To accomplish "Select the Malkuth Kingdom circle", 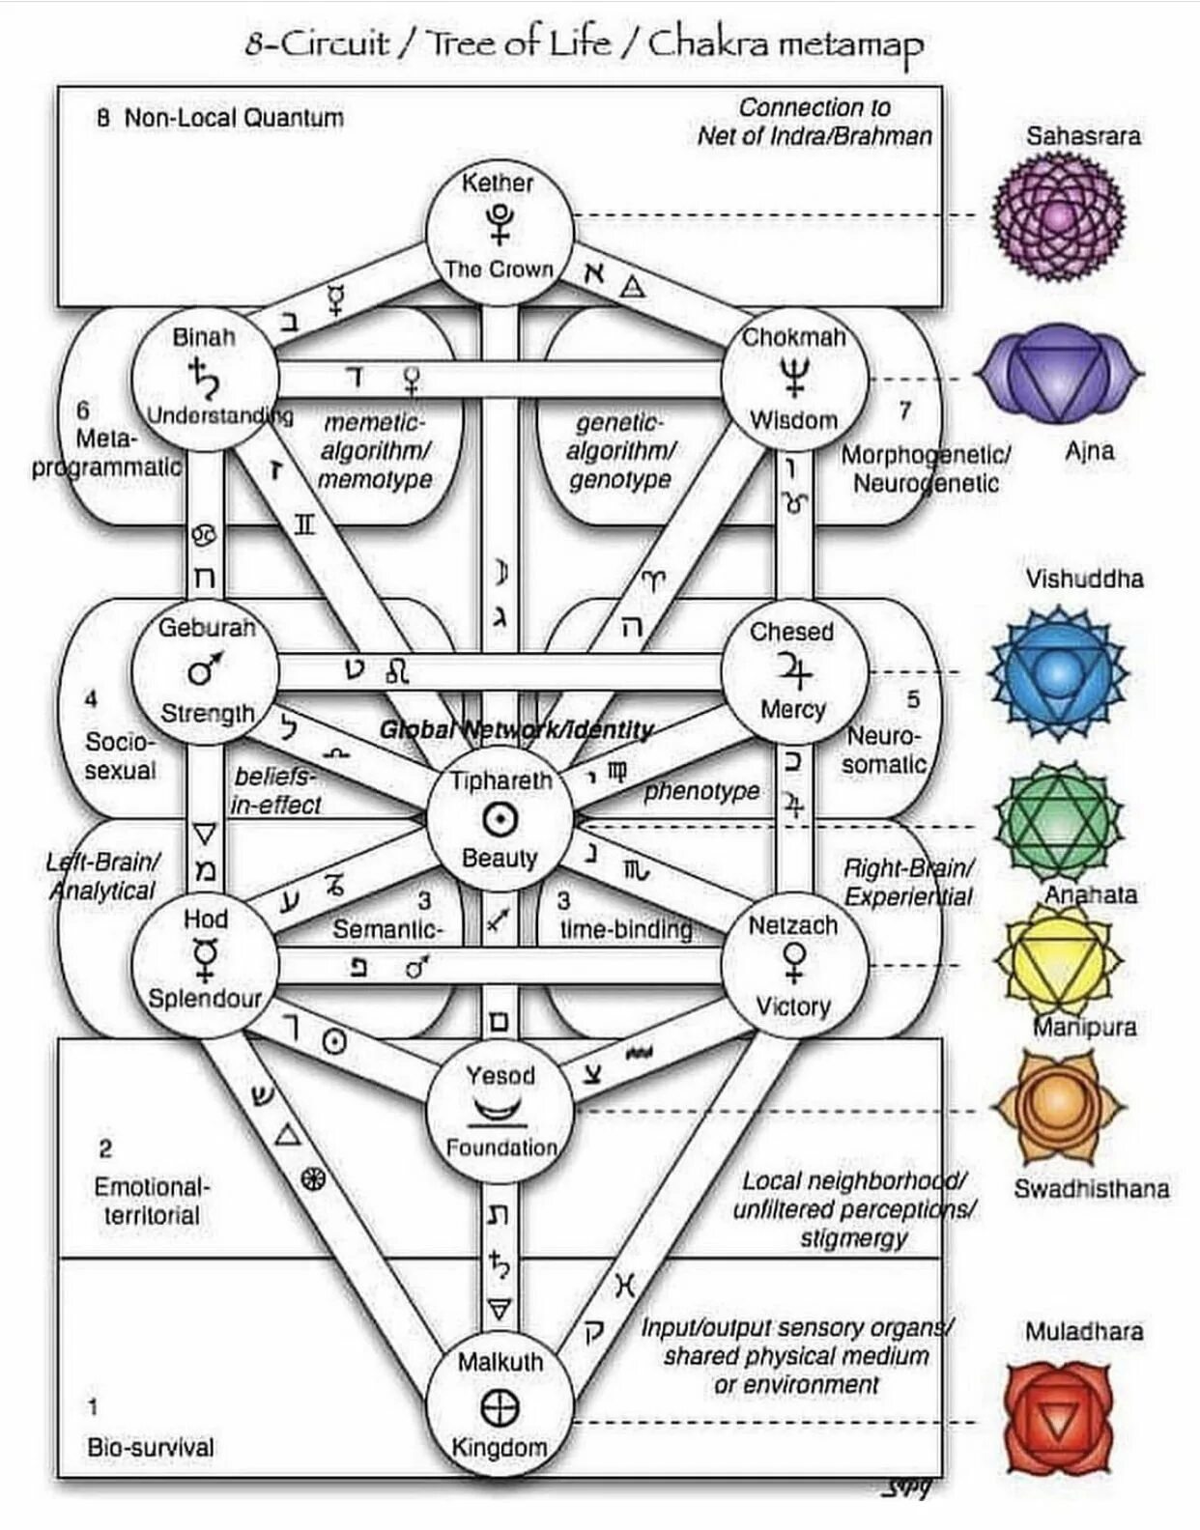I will click(x=500, y=1405).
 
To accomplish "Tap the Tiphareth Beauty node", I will click(x=500, y=819).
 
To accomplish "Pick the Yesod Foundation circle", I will click(x=500, y=1111).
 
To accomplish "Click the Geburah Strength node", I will click(x=205, y=670).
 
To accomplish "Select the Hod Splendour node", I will click(x=205, y=962).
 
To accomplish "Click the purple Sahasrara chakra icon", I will click(x=1059, y=217).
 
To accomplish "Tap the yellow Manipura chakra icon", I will click(x=1059, y=962).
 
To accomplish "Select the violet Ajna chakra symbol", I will click(x=1059, y=375).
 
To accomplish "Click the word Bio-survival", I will click(x=151, y=1447).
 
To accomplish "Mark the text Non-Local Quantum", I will click(x=234, y=118).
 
